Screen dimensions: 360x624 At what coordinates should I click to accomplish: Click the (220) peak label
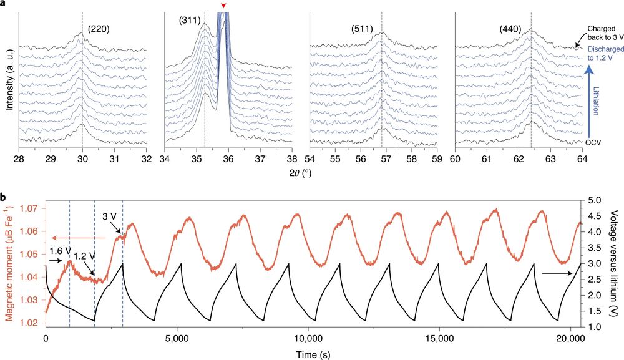pos(99,29)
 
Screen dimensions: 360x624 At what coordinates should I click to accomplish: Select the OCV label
pos(593,142)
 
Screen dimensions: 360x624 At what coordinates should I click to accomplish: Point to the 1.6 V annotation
pos(60,251)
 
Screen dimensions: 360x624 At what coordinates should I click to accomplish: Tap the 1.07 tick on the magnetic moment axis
pos(31,208)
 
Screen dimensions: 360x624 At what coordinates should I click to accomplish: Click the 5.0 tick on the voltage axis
pos(595,200)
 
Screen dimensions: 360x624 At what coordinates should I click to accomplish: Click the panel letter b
pos(4,195)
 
